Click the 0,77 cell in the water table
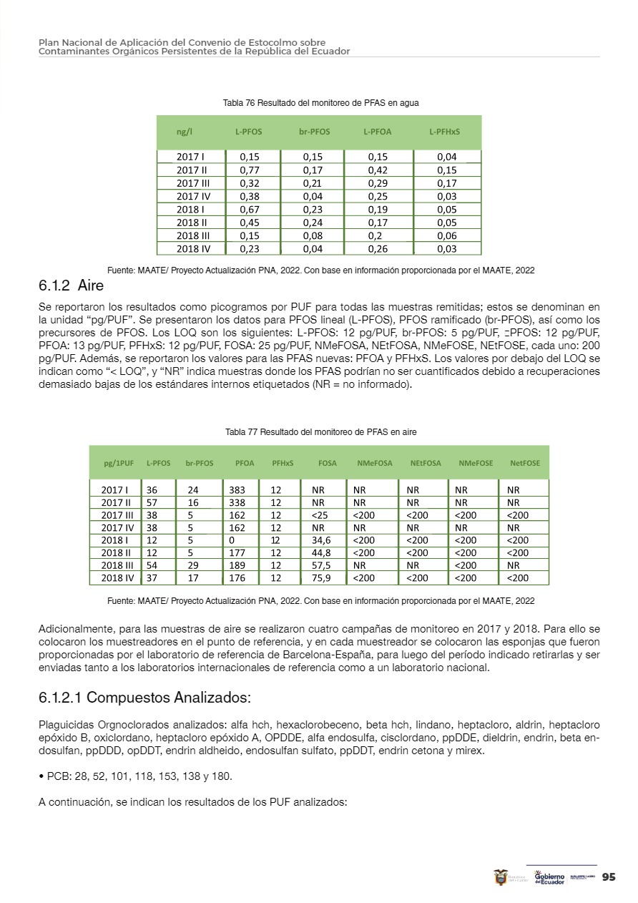[249, 170]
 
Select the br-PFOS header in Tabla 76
[314, 132]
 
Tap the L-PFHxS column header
[444, 132]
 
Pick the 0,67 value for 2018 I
[249, 210]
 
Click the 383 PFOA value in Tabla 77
[237, 490]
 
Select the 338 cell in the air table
[237, 503]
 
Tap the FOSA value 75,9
[321, 578]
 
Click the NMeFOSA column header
[375, 463]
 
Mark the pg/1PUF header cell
[119, 463]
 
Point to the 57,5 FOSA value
[321, 565]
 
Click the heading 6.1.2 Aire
[72, 286]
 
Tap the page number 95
[609, 877]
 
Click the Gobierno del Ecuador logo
[549, 877]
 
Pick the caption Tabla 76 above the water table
[320, 103]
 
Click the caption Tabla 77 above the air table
[320, 432]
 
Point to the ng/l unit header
[185, 132]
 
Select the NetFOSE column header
[525, 463]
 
